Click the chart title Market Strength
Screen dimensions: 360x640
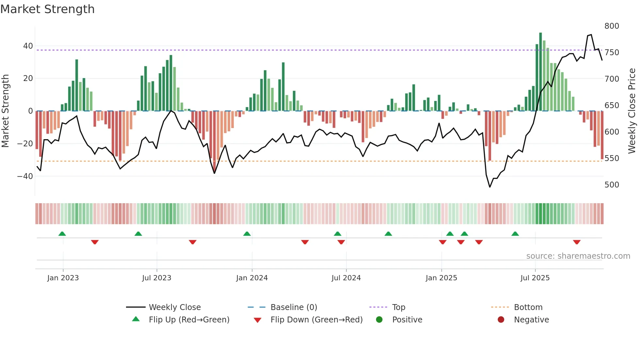point(48,9)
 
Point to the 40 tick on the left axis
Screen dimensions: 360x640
point(28,46)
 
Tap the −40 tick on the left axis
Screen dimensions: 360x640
point(25,176)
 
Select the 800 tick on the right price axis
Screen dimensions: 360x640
point(612,26)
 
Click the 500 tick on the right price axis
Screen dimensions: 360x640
point(612,185)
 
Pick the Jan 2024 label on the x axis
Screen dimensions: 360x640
point(252,278)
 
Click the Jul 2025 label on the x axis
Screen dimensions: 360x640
point(535,278)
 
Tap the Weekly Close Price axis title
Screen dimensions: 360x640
point(632,111)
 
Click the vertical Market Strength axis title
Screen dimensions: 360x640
point(6,111)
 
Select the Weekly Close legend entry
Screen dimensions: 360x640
point(174,307)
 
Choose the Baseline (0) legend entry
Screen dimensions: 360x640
point(294,307)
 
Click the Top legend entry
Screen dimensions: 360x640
point(398,307)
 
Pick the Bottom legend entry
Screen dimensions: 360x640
point(528,307)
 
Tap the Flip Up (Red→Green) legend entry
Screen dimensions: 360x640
point(189,320)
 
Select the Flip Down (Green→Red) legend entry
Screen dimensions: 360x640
point(316,320)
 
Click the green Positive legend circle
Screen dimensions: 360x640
point(379,320)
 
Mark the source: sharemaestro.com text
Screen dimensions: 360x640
point(578,256)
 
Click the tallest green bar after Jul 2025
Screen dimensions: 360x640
point(540,72)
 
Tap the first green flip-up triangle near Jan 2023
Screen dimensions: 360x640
point(62,234)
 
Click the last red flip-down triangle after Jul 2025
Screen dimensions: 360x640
point(577,242)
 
